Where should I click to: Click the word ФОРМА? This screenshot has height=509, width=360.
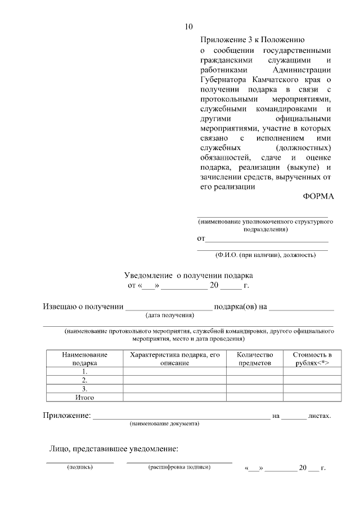point(318,196)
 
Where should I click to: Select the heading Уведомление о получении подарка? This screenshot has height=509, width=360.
point(188,276)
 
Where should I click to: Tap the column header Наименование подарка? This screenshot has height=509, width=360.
point(84,359)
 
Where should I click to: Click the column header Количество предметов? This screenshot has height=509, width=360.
point(255,359)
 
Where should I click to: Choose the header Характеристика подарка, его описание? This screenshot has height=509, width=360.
point(174,359)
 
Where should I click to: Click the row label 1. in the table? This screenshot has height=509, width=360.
point(84,372)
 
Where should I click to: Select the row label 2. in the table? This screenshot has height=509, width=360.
point(84,380)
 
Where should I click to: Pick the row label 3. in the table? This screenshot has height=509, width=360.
point(84,389)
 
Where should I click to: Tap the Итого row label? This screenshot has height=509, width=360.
point(84,397)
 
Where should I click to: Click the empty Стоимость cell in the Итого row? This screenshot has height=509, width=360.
point(312,397)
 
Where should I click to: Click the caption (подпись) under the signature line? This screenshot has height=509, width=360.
point(79,467)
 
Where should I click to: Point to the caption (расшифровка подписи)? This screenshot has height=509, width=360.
point(179,467)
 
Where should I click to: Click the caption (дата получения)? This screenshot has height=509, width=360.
point(169,315)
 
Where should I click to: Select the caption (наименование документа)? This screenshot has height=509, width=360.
point(164,423)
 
